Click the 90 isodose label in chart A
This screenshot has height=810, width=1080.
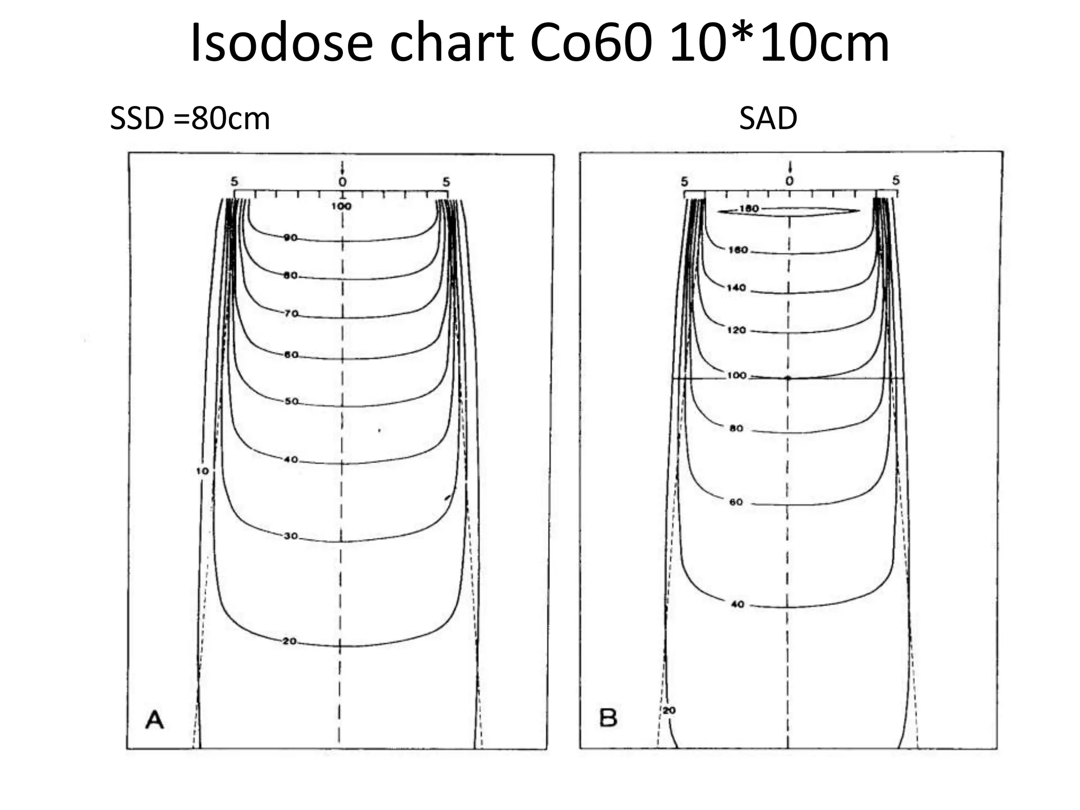coord(291,238)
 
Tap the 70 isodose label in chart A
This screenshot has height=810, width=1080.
coord(291,314)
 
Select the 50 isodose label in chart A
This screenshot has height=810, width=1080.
coord(291,401)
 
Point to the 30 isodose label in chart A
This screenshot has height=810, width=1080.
coord(291,536)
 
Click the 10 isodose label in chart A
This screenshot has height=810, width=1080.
coord(202,471)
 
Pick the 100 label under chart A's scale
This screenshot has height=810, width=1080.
coord(341,206)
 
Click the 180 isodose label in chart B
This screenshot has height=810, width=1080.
coord(749,209)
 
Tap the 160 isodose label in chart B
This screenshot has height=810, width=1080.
coord(738,250)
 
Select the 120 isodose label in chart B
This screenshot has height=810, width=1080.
coord(736,330)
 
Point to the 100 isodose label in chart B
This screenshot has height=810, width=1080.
coord(737,375)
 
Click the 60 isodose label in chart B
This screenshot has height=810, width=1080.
coord(736,502)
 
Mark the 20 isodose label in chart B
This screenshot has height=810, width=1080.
coord(669,710)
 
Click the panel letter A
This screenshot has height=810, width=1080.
coord(155,719)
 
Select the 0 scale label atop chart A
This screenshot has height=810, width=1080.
coord(343,182)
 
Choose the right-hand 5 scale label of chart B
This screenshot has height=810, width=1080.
coord(896,181)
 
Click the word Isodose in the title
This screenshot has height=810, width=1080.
coord(282,43)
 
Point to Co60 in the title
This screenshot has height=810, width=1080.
coord(590,43)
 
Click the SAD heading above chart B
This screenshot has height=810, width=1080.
coord(768,119)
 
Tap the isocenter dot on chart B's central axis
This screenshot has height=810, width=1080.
coord(788,378)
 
